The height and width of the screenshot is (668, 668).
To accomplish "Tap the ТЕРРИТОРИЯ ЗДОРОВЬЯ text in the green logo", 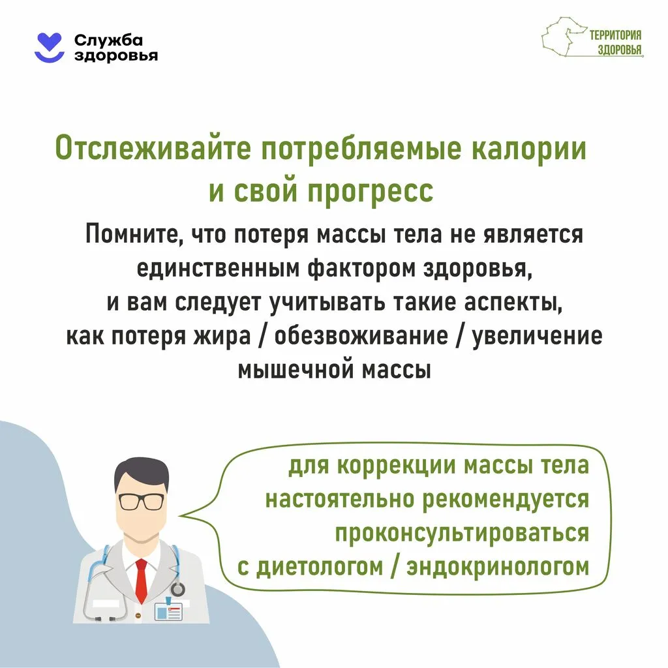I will pos(615,44).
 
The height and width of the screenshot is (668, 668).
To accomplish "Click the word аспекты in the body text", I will pos(508,302).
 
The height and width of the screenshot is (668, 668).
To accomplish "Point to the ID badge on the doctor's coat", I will pos(168,611).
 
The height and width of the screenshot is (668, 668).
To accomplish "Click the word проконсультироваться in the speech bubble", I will pos(462,533).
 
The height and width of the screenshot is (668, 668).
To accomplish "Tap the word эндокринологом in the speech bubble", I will pos(498,567).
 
